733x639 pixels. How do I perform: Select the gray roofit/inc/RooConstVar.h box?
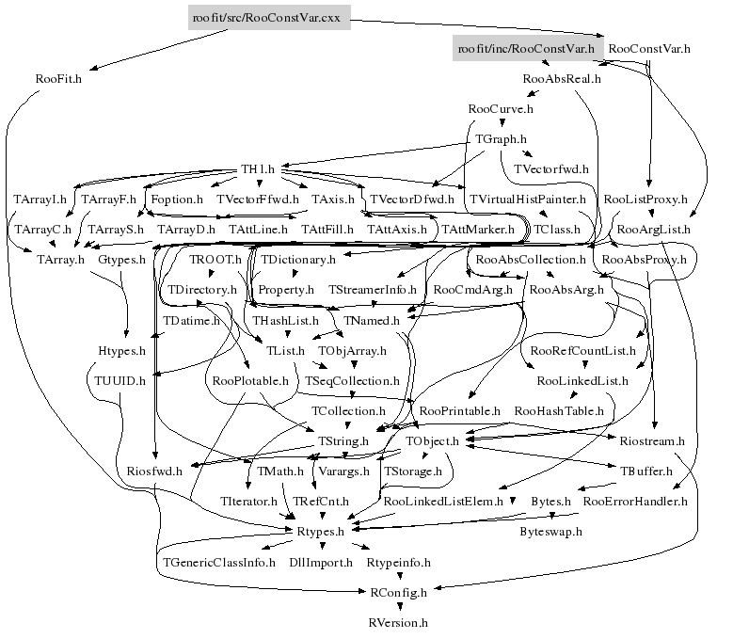click(525, 47)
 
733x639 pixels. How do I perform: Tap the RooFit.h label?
click(58, 79)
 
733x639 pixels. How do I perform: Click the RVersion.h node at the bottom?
click(398, 622)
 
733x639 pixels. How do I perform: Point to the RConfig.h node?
click(398, 592)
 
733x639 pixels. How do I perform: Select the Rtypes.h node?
click(321, 532)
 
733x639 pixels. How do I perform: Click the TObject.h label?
click(432, 440)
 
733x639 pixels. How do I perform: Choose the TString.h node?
click(343, 440)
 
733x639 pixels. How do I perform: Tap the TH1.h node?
click(257, 169)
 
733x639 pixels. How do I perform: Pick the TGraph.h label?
click(501, 139)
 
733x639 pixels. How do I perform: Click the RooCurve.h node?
click(500, 109)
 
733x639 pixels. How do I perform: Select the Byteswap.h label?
click(551, 532)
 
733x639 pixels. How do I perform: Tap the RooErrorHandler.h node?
click(635, 502)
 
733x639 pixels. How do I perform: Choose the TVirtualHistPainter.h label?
click(528, 200)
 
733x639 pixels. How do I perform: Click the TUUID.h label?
click(120, 380)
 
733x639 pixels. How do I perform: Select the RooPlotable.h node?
click(250, 380)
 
